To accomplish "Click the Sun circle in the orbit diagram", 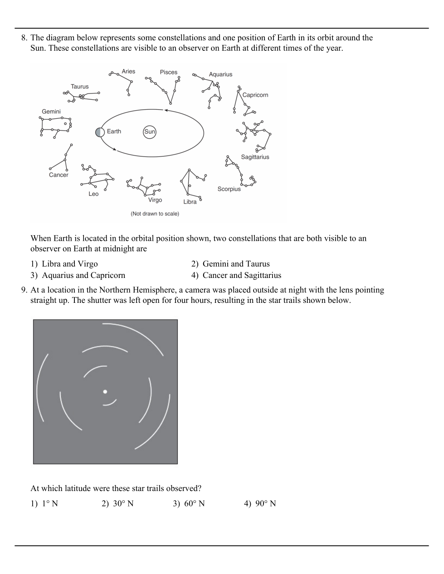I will pos(150,132).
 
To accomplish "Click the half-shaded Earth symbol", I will pos(100,132).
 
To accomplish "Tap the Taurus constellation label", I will pos(80,87).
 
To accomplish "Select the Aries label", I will pos(128,71).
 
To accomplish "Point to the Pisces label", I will pos(169,72).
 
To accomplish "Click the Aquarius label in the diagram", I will pos(220,74).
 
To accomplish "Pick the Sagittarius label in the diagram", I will pos(255,157).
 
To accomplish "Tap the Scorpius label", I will pos(229,189).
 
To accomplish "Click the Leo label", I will pos(93,194).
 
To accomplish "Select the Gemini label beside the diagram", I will pos(51,112).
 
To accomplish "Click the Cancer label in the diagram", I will pos(59,175).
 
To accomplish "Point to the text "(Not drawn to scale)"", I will pos(155,214).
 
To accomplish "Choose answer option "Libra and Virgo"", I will pos(69,264).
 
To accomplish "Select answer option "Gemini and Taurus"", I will pos(236,264).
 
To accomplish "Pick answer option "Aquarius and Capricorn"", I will pos(83,275).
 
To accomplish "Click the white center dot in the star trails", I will pos(105,391).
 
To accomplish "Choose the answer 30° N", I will pos(123,503).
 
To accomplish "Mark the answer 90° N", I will pos(265,503).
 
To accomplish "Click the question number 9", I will pos(24,290).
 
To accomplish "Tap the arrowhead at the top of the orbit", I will pos(166,110).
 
